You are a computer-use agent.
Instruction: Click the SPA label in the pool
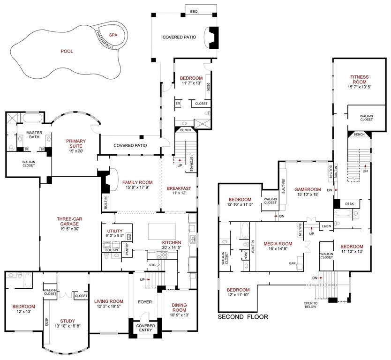[113, 35]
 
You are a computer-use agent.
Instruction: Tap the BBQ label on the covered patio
[194, 11]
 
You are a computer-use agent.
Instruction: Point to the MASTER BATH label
[34, 135]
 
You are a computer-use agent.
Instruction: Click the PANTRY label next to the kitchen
[128, 251]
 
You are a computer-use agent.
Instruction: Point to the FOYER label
[145, 302]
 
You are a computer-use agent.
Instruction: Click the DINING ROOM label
[179, 308]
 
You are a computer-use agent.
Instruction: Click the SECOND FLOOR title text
[243, 317]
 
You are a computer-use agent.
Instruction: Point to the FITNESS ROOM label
[359, 80]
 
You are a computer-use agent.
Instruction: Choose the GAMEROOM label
[308, 190]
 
